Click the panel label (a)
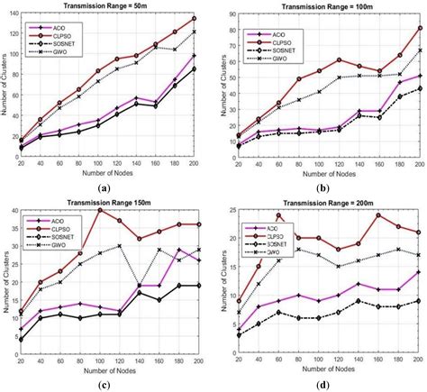104,187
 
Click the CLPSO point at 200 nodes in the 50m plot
195,18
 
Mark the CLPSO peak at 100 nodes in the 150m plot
99,209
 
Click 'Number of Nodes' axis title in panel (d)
324,369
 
